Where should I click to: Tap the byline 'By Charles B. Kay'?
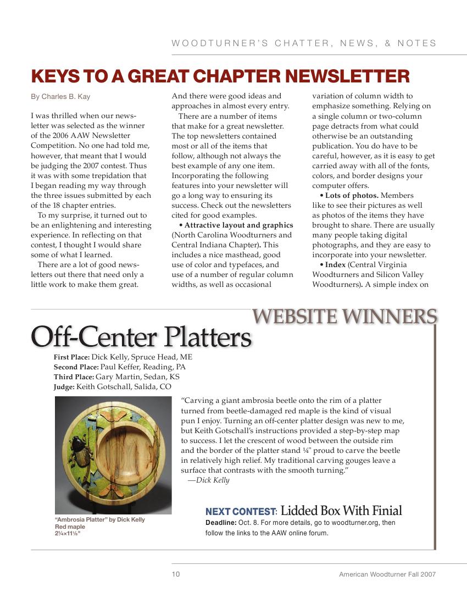point(60,97)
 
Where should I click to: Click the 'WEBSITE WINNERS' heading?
point(344,317)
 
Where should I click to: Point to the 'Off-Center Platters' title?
point(141,337)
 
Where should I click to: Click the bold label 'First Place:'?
point(71,357)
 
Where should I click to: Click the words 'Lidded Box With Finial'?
point(341,511)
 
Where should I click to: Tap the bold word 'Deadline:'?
point(221,523)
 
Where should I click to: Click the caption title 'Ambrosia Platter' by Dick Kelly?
point(99,520)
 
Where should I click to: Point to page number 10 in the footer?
point(175,574)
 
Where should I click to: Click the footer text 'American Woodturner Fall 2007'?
point(387,574)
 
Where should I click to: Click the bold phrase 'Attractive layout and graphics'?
point(238,225)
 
